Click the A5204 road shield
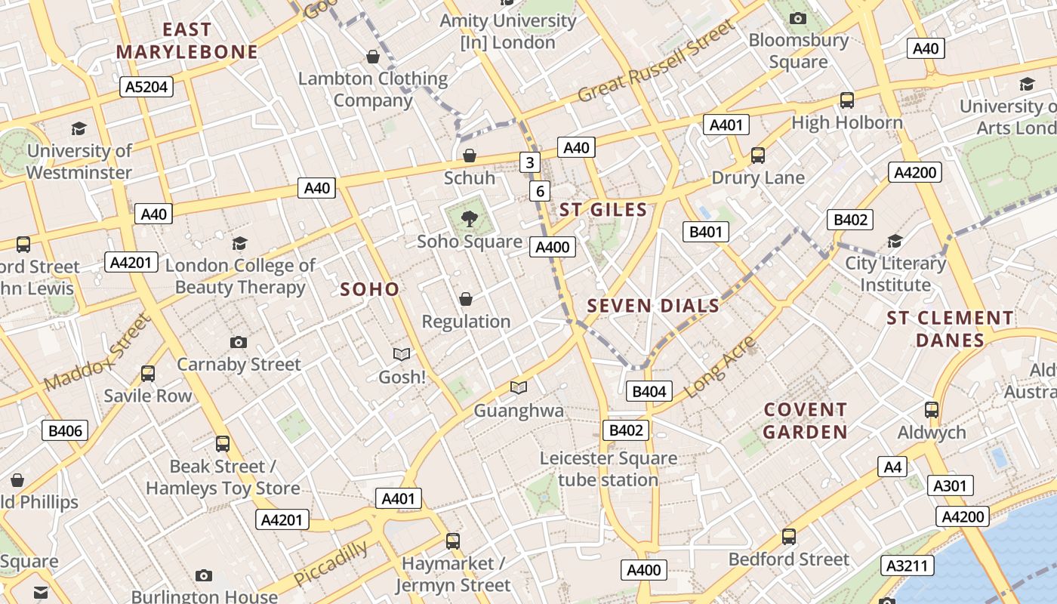pos(146,87)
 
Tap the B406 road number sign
pos(64,431)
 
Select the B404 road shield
pos(649,391)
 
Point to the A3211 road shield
pos(908,565)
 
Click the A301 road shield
pos(950,485)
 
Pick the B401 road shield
pos(706,232)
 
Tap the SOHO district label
pos(369,289)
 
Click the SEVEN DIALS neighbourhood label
pos(653,306)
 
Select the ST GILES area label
pos(603,210)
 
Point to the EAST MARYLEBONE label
pos(187,41)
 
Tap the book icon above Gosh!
pos(402,354)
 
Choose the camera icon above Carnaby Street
pos(239,342)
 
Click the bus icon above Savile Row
pos(148,373)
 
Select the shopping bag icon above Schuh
pos(470,156)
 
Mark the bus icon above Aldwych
pos(932,410)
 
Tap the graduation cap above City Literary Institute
pos(895,241)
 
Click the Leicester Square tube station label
pos(608,469)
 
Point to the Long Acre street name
pos(720,367)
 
